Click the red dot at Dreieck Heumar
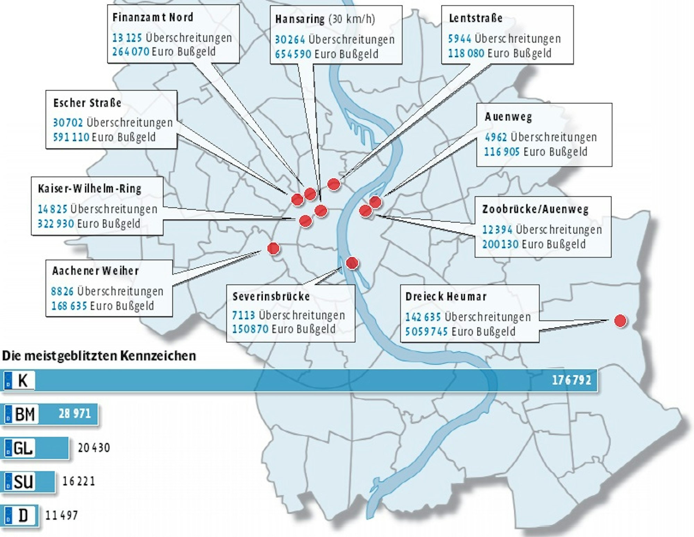[x=620, y=321]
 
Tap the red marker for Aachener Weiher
[x=273, y=248]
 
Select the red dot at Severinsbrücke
[x=352, y=263]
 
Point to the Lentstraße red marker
[x=333, y=184]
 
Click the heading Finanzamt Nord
[x=153, y=17]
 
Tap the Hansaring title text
[x=300, y=19]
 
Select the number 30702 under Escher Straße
[x=68, y=122]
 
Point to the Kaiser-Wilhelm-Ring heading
[x=90, y=189]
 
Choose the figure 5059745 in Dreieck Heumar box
[x=426, y=332]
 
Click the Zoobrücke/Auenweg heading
[x=535, y=209]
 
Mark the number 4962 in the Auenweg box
[x=496, y=137]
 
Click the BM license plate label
[x=21, y=414]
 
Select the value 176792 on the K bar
[x=571, y=380]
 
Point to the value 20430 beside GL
[x=94, y=448]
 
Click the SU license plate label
[x=20, y=481]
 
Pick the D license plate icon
[x=20, y=515]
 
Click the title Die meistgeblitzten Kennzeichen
[x=99, y=356]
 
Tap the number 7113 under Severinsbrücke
[x=243, y=315]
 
